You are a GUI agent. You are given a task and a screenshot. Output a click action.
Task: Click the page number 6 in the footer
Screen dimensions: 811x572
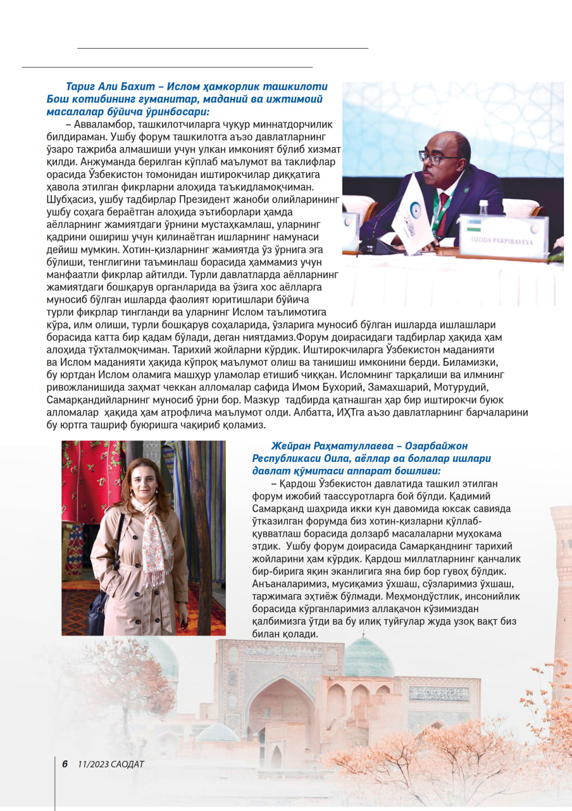click(65, 764)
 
